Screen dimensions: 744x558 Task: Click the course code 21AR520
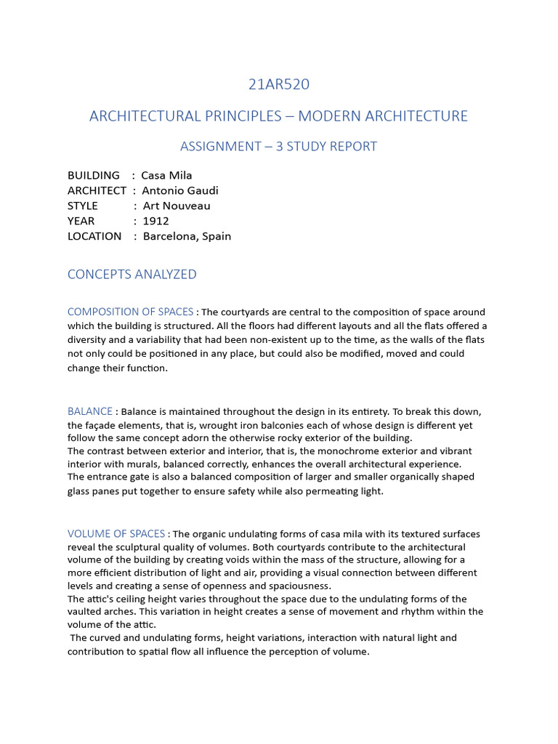tap(279, 84)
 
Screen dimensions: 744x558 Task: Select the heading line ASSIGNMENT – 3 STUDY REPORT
tap(279, 146)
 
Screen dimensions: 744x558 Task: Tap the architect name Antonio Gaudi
tap(180, 190)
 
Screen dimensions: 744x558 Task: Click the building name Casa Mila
tap(166, 175)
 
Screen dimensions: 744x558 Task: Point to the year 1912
tap(156, 221)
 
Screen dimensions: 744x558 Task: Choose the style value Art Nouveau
tap(177, 206)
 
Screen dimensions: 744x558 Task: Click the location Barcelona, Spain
tap(187, 236)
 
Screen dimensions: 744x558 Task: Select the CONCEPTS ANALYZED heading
tap(132, 274)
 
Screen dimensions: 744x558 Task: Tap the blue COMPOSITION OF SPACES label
tap(130, 312)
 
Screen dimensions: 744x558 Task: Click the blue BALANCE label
tap(90, 411)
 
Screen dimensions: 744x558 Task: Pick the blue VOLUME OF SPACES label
tap(116, 534)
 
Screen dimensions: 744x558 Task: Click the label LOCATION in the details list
tap(94, 236)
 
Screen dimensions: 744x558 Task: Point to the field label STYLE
tap(83, 206)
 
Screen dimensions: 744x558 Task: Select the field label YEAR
tap(81, 221)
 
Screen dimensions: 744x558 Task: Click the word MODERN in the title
tap(333, 116)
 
